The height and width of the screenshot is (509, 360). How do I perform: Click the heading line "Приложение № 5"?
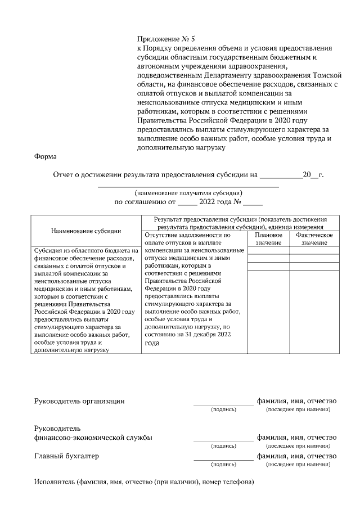pyautogui.click(x=165, y=39)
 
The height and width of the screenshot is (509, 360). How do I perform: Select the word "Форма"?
pyautogui.click(x=46, y=158)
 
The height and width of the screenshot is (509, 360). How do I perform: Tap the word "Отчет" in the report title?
pyautogui.click(x=64, y=175)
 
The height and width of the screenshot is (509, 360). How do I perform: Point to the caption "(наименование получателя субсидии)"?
pyautogui.click(x=188, y=192)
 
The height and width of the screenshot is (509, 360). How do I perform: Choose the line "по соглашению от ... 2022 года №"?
pyautogui.click(x=188, y=202)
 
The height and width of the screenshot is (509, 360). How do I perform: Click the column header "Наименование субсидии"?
pyautogui.click(x=85, y=231)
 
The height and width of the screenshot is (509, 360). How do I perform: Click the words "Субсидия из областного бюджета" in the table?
pyautogui.click(x=85, y=250)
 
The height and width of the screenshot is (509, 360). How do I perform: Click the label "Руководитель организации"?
pyautogui.click(x=79, y=401)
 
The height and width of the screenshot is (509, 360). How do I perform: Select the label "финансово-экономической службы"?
pyautogui.click(x=93, y=438)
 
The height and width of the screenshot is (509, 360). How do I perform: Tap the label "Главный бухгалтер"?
pyautogui.click(x=67, y=456)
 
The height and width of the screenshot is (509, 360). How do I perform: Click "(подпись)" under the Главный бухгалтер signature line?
pyautogui.click(x=223, y=465)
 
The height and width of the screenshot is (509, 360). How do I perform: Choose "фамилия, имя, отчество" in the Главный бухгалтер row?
pyautogui.click(x=296, y=456)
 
